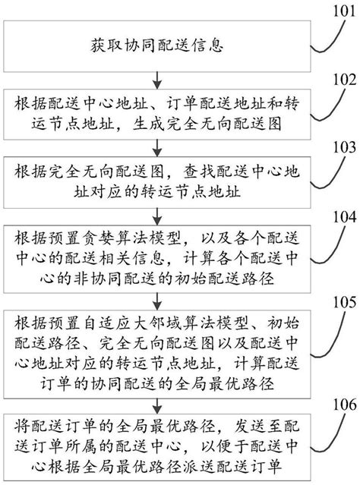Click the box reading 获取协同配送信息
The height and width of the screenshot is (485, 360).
click(x=158, y=45)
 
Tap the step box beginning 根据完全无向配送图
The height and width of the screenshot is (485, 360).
click(x=158, y=179)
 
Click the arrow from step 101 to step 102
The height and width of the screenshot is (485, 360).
click(x=157, y=78)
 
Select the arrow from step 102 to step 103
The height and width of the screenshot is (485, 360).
click(x=157, y=146)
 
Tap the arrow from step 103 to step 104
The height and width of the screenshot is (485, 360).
click(x=157, y=213)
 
